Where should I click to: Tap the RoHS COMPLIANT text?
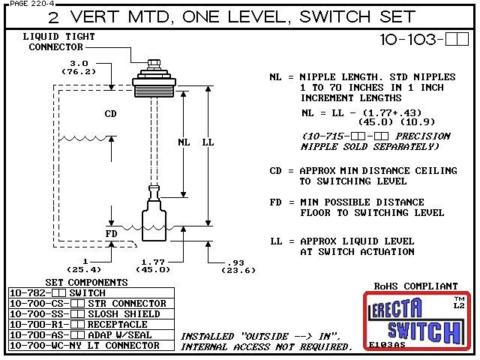[x=415, y=286]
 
